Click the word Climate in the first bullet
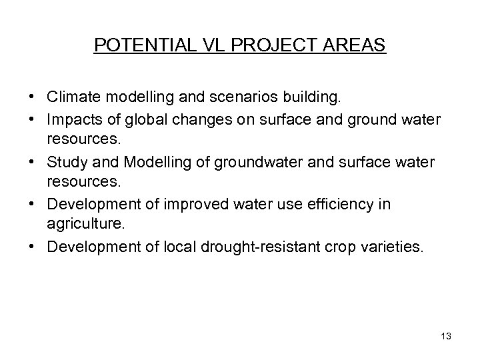tap(71, 98)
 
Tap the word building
tap(314, 98)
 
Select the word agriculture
tap(82, 225)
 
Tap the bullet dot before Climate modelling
tap(33, 98)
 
